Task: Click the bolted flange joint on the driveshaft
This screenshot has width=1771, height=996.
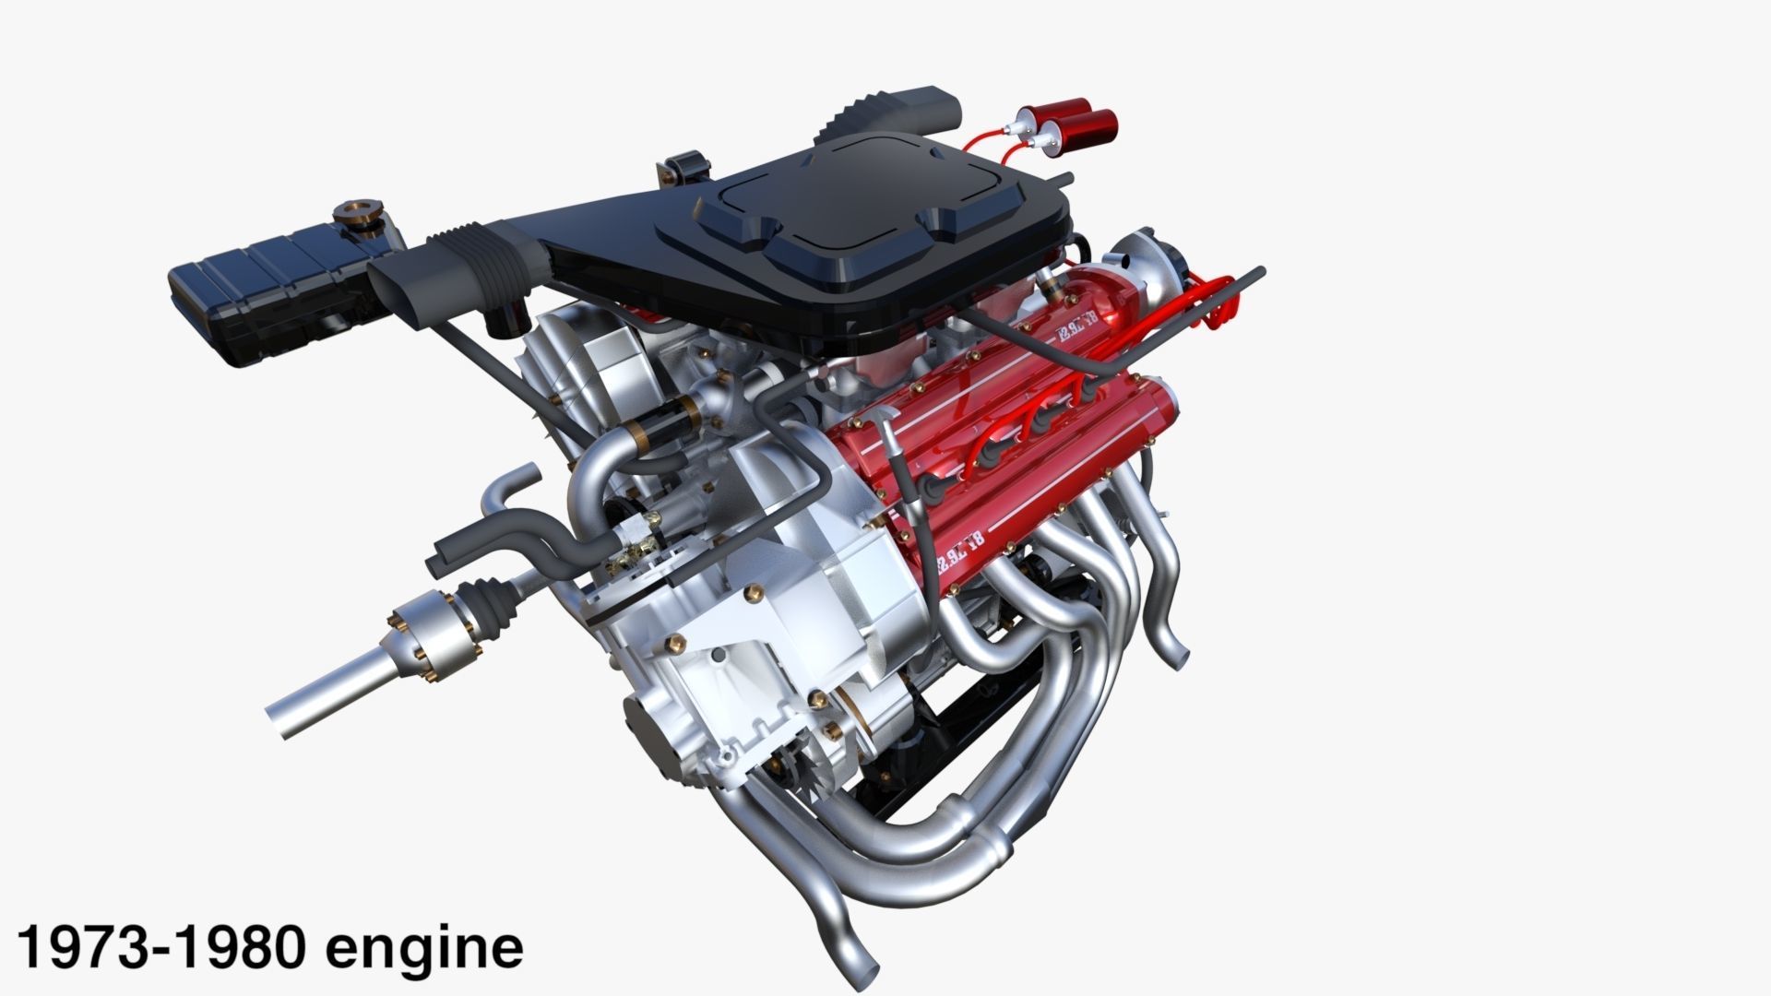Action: click(434, 637)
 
